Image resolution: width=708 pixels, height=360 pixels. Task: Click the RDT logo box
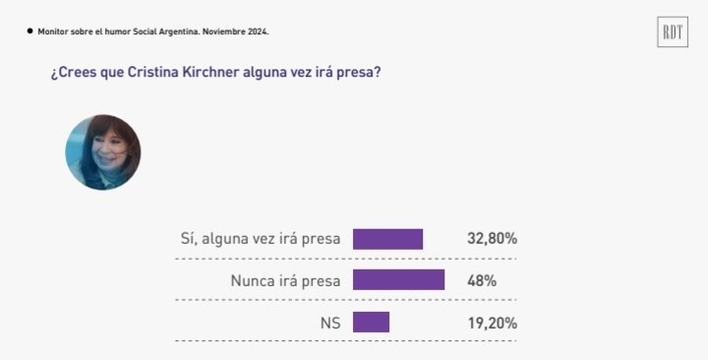pyautogui.click(x=673, y=32)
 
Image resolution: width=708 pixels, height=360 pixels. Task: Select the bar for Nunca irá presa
pyautogui.click(x=398, y=280)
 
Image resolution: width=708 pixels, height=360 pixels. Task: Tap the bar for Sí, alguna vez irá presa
pyautogui.click(x=387, y=239)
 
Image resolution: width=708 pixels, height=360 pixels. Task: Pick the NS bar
pyautogui.click(x=371, y=323)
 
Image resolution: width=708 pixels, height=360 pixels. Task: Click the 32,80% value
pyautogui.click(x=492, y=239)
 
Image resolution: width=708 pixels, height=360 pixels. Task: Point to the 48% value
pyautogui.click(x=481, y=280)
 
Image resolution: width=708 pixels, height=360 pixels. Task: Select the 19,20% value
pyautogui.click(x=492, y=323)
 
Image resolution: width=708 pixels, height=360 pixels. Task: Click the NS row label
pyautogui.click(x=329, y=323)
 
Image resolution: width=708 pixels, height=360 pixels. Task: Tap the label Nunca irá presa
pyautogui.click(x=285, y=280)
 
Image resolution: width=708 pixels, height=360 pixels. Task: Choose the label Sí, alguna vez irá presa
pyautogui.click(x=261, y=239)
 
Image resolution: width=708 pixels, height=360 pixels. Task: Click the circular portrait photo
pyautogui.click(x=103, y=152)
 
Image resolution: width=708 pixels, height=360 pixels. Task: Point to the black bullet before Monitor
pyautogui.click(x=29, y=31)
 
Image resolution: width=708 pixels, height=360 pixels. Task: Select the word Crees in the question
pyautogui.click(x=78, y=73)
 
